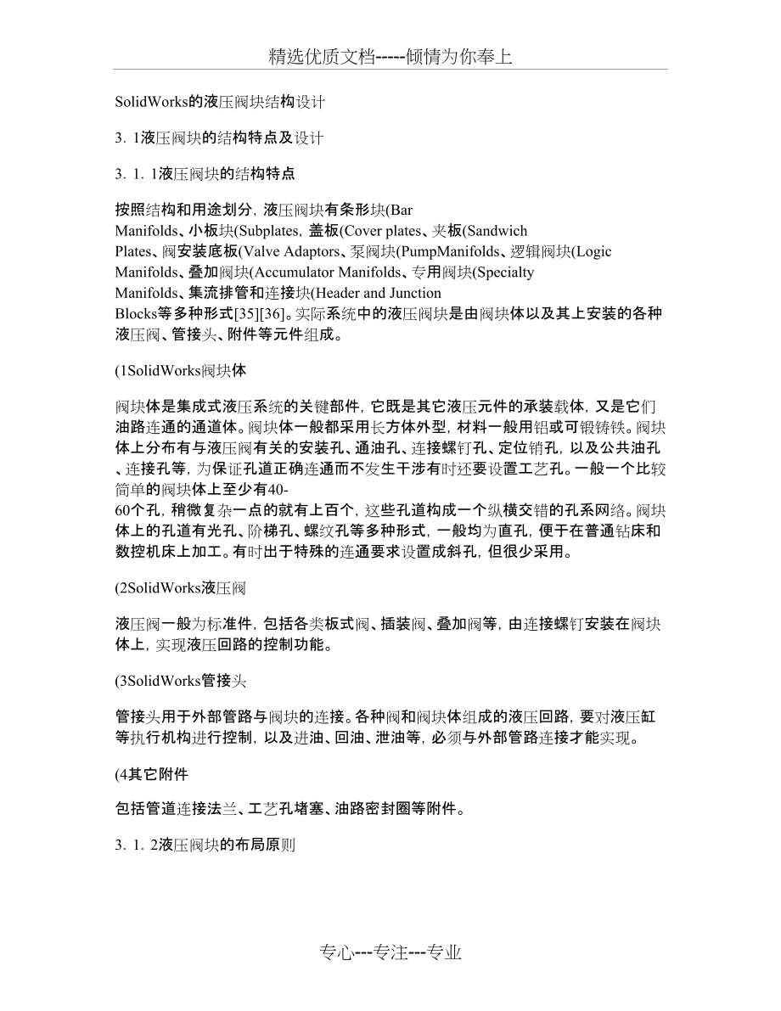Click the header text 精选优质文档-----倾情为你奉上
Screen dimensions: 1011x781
tap(390, 57)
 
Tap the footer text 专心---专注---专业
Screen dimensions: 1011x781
tap(390, 952)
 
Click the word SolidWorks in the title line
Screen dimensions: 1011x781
tap(146, 102)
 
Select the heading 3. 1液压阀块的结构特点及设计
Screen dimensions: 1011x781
tap(218, 138)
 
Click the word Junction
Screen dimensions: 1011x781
tap(415, 293)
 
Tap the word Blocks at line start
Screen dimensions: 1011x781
tap(134, 313)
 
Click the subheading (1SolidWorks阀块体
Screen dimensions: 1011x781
tap(180, 370)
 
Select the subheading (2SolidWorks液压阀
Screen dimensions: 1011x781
tap(180, 587)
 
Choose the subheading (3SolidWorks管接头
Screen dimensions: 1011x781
tap(180, 680)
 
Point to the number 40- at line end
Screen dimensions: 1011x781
tap(278, 493)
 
